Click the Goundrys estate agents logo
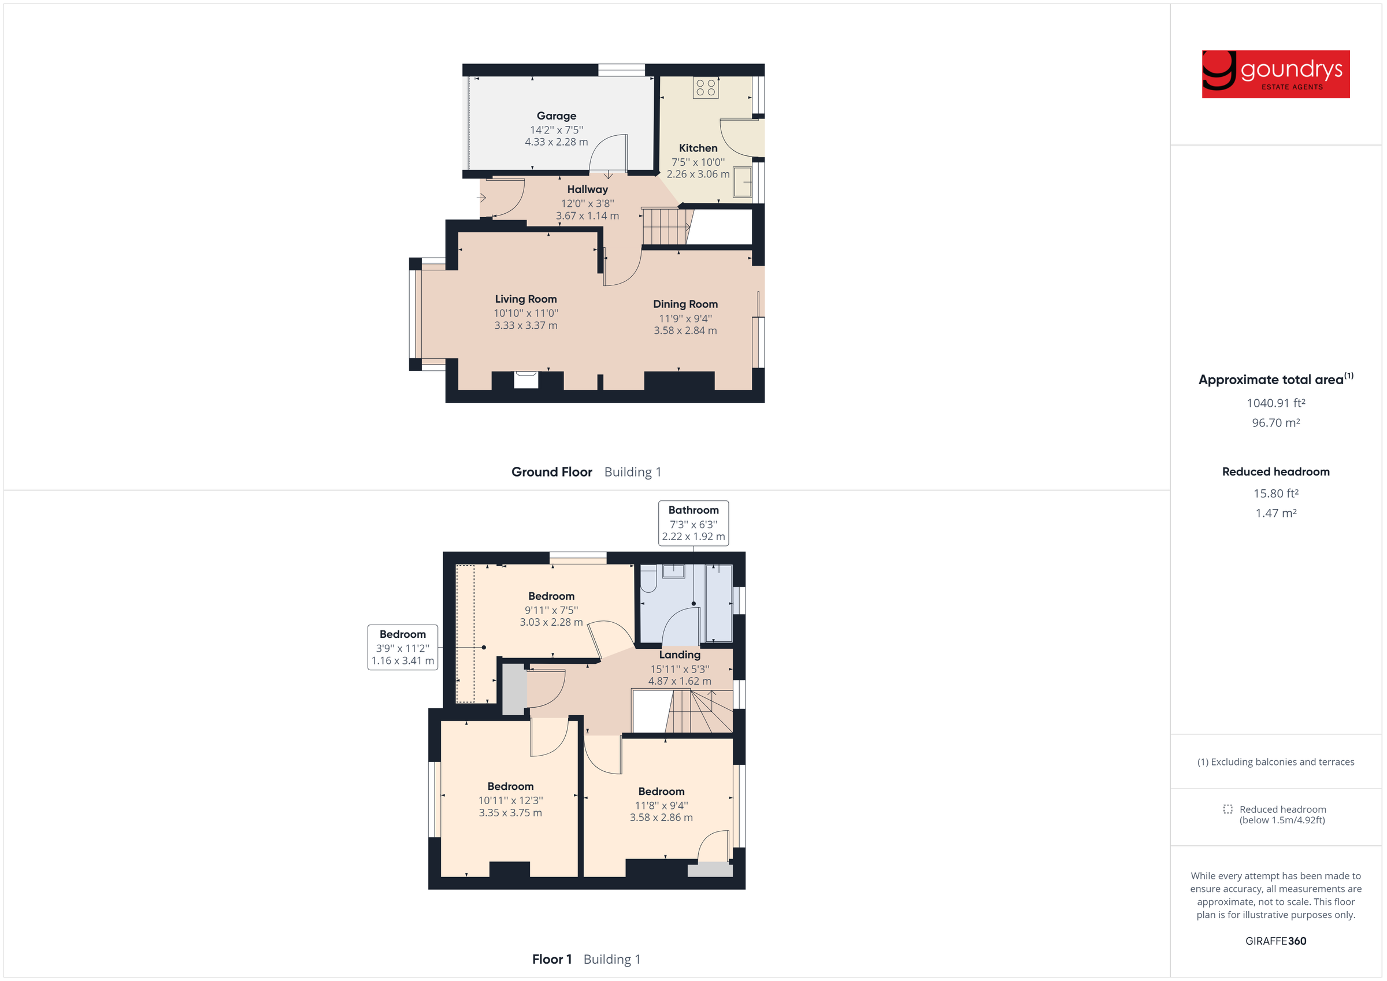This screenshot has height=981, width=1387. pos(1275,75)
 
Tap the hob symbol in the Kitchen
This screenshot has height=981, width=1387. pos(706,88)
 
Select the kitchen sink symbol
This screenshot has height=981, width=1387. pos(743,181)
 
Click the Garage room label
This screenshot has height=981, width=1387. pos(557,116)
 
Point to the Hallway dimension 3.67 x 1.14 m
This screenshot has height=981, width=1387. pos(587,215)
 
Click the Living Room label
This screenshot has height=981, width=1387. pos(525,299)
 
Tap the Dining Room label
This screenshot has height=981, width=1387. pos(685,304)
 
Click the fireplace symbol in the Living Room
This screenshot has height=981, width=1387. pos(525,380)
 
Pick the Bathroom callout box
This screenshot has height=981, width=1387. pos(693,523)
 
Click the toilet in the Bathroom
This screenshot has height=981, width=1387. pos(648,579)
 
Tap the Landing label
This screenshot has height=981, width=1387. pos(680,655)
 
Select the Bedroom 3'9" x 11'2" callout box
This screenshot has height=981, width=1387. pos(402,647)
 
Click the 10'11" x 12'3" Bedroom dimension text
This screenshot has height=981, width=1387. pos(510,800)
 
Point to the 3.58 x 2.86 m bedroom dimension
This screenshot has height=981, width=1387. pos(661,817)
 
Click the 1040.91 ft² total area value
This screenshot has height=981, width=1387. pos(1275,403)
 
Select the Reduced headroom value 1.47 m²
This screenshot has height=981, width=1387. pos(1275,513)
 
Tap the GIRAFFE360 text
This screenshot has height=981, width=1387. pos(1275,941)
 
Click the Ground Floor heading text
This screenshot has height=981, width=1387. pos(551,472)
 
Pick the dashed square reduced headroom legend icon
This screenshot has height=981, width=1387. pos(1227,809)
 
